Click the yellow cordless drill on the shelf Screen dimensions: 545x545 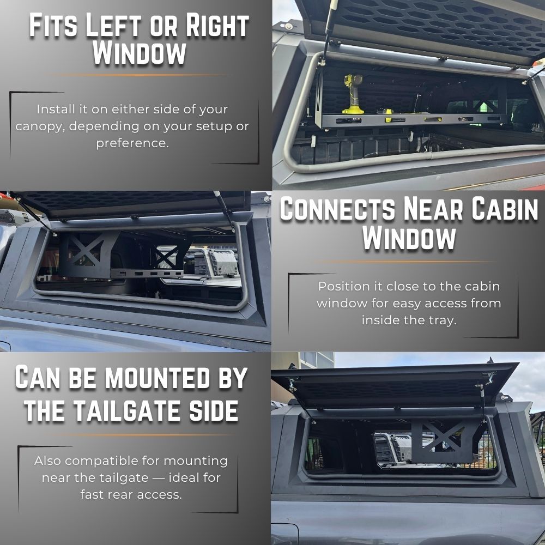tap(353, 94)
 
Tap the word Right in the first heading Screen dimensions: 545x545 tap(217, 26)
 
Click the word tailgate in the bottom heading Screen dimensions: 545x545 tap(128, 410)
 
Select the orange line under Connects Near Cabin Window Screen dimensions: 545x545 tap(407, 262)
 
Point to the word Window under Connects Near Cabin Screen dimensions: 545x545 tap(409, 239)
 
